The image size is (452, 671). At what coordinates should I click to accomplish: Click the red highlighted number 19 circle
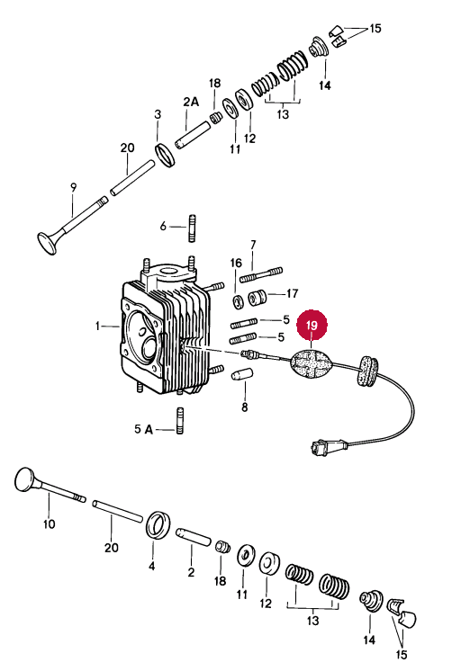click(312, 325)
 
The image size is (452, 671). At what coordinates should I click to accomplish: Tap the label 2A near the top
click(191, 102)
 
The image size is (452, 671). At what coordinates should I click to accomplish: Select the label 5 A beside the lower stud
click(143, 429)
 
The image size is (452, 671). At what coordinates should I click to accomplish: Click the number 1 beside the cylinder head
click(97, 327)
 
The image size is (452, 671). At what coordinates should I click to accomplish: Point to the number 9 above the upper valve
click(74, 187)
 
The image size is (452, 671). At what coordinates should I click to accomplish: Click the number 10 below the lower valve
click(49, 523)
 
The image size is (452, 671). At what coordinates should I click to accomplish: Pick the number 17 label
click(293, 293)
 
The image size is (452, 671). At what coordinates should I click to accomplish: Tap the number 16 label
click(236, 263)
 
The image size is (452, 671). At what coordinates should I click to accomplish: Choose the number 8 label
click(244, 407)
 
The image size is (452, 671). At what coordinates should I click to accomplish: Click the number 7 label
click(253, 245)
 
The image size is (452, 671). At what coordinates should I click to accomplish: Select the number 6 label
click(163, 226)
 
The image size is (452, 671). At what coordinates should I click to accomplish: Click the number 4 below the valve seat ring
click(151, 566)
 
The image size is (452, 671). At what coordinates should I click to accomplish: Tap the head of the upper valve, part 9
click(48, 243)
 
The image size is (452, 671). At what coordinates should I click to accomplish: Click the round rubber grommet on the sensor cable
click(368, 370)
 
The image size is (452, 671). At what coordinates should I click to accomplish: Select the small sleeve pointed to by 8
click(242, 374)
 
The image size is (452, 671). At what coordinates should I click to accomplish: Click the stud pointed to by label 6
click(192, 228)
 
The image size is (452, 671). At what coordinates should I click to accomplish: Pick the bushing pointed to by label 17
click(258, 297)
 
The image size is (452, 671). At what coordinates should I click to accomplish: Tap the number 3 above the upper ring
click(158, 114)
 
